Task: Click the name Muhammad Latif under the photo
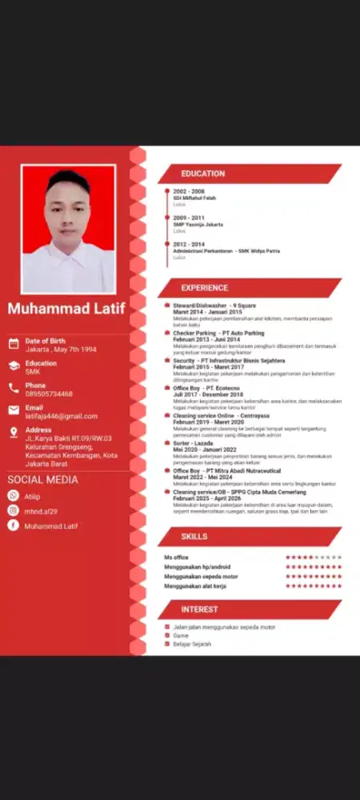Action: point(66,309)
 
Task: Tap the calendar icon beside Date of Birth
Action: point(14,344)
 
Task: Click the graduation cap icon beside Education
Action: point(14,366)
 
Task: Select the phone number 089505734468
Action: point(49,394)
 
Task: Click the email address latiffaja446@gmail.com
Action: point(61,416)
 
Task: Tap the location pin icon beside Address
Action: point(14,432)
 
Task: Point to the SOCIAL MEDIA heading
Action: point(43,480)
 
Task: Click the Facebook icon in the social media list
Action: point(13,526)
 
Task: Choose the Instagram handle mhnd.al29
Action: point(41,510)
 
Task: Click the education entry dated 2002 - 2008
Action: point(189,192)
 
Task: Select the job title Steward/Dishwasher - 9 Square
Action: point(214,306)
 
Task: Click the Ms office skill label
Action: point(176,557)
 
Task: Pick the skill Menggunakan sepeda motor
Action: point(201,576)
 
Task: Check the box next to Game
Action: point(166,635)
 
